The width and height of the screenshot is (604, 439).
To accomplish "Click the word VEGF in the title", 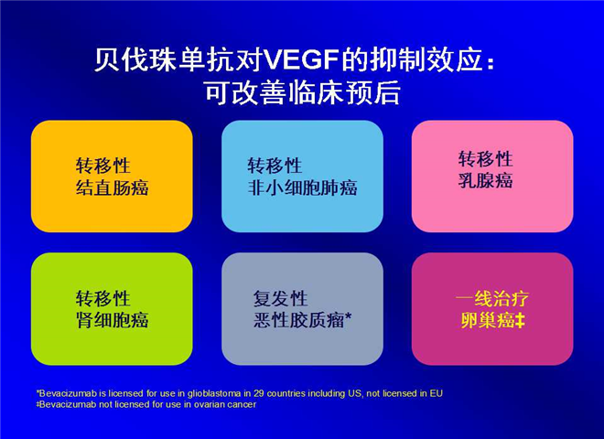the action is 302,60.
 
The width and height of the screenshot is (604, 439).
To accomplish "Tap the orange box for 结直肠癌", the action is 112,177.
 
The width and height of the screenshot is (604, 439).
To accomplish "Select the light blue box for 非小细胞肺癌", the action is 302,177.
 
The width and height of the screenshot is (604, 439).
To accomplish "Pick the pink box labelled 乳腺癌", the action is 492,177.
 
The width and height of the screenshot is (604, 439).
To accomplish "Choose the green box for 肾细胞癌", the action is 112,309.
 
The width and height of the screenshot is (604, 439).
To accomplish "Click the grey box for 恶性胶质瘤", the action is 302,309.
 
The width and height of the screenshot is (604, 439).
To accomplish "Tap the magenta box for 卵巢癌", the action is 492,309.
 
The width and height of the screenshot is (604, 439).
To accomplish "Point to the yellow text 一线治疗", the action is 492,298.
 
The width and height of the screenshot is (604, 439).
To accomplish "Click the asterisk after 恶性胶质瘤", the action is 349,316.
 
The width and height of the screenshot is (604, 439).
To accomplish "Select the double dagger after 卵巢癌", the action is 520,320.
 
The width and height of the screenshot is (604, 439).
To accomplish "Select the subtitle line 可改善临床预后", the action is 302,92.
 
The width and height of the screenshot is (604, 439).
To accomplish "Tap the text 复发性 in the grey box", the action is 280,298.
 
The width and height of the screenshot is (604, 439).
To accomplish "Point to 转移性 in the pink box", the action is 485,158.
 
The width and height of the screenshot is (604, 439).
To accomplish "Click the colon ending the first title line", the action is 491,63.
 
